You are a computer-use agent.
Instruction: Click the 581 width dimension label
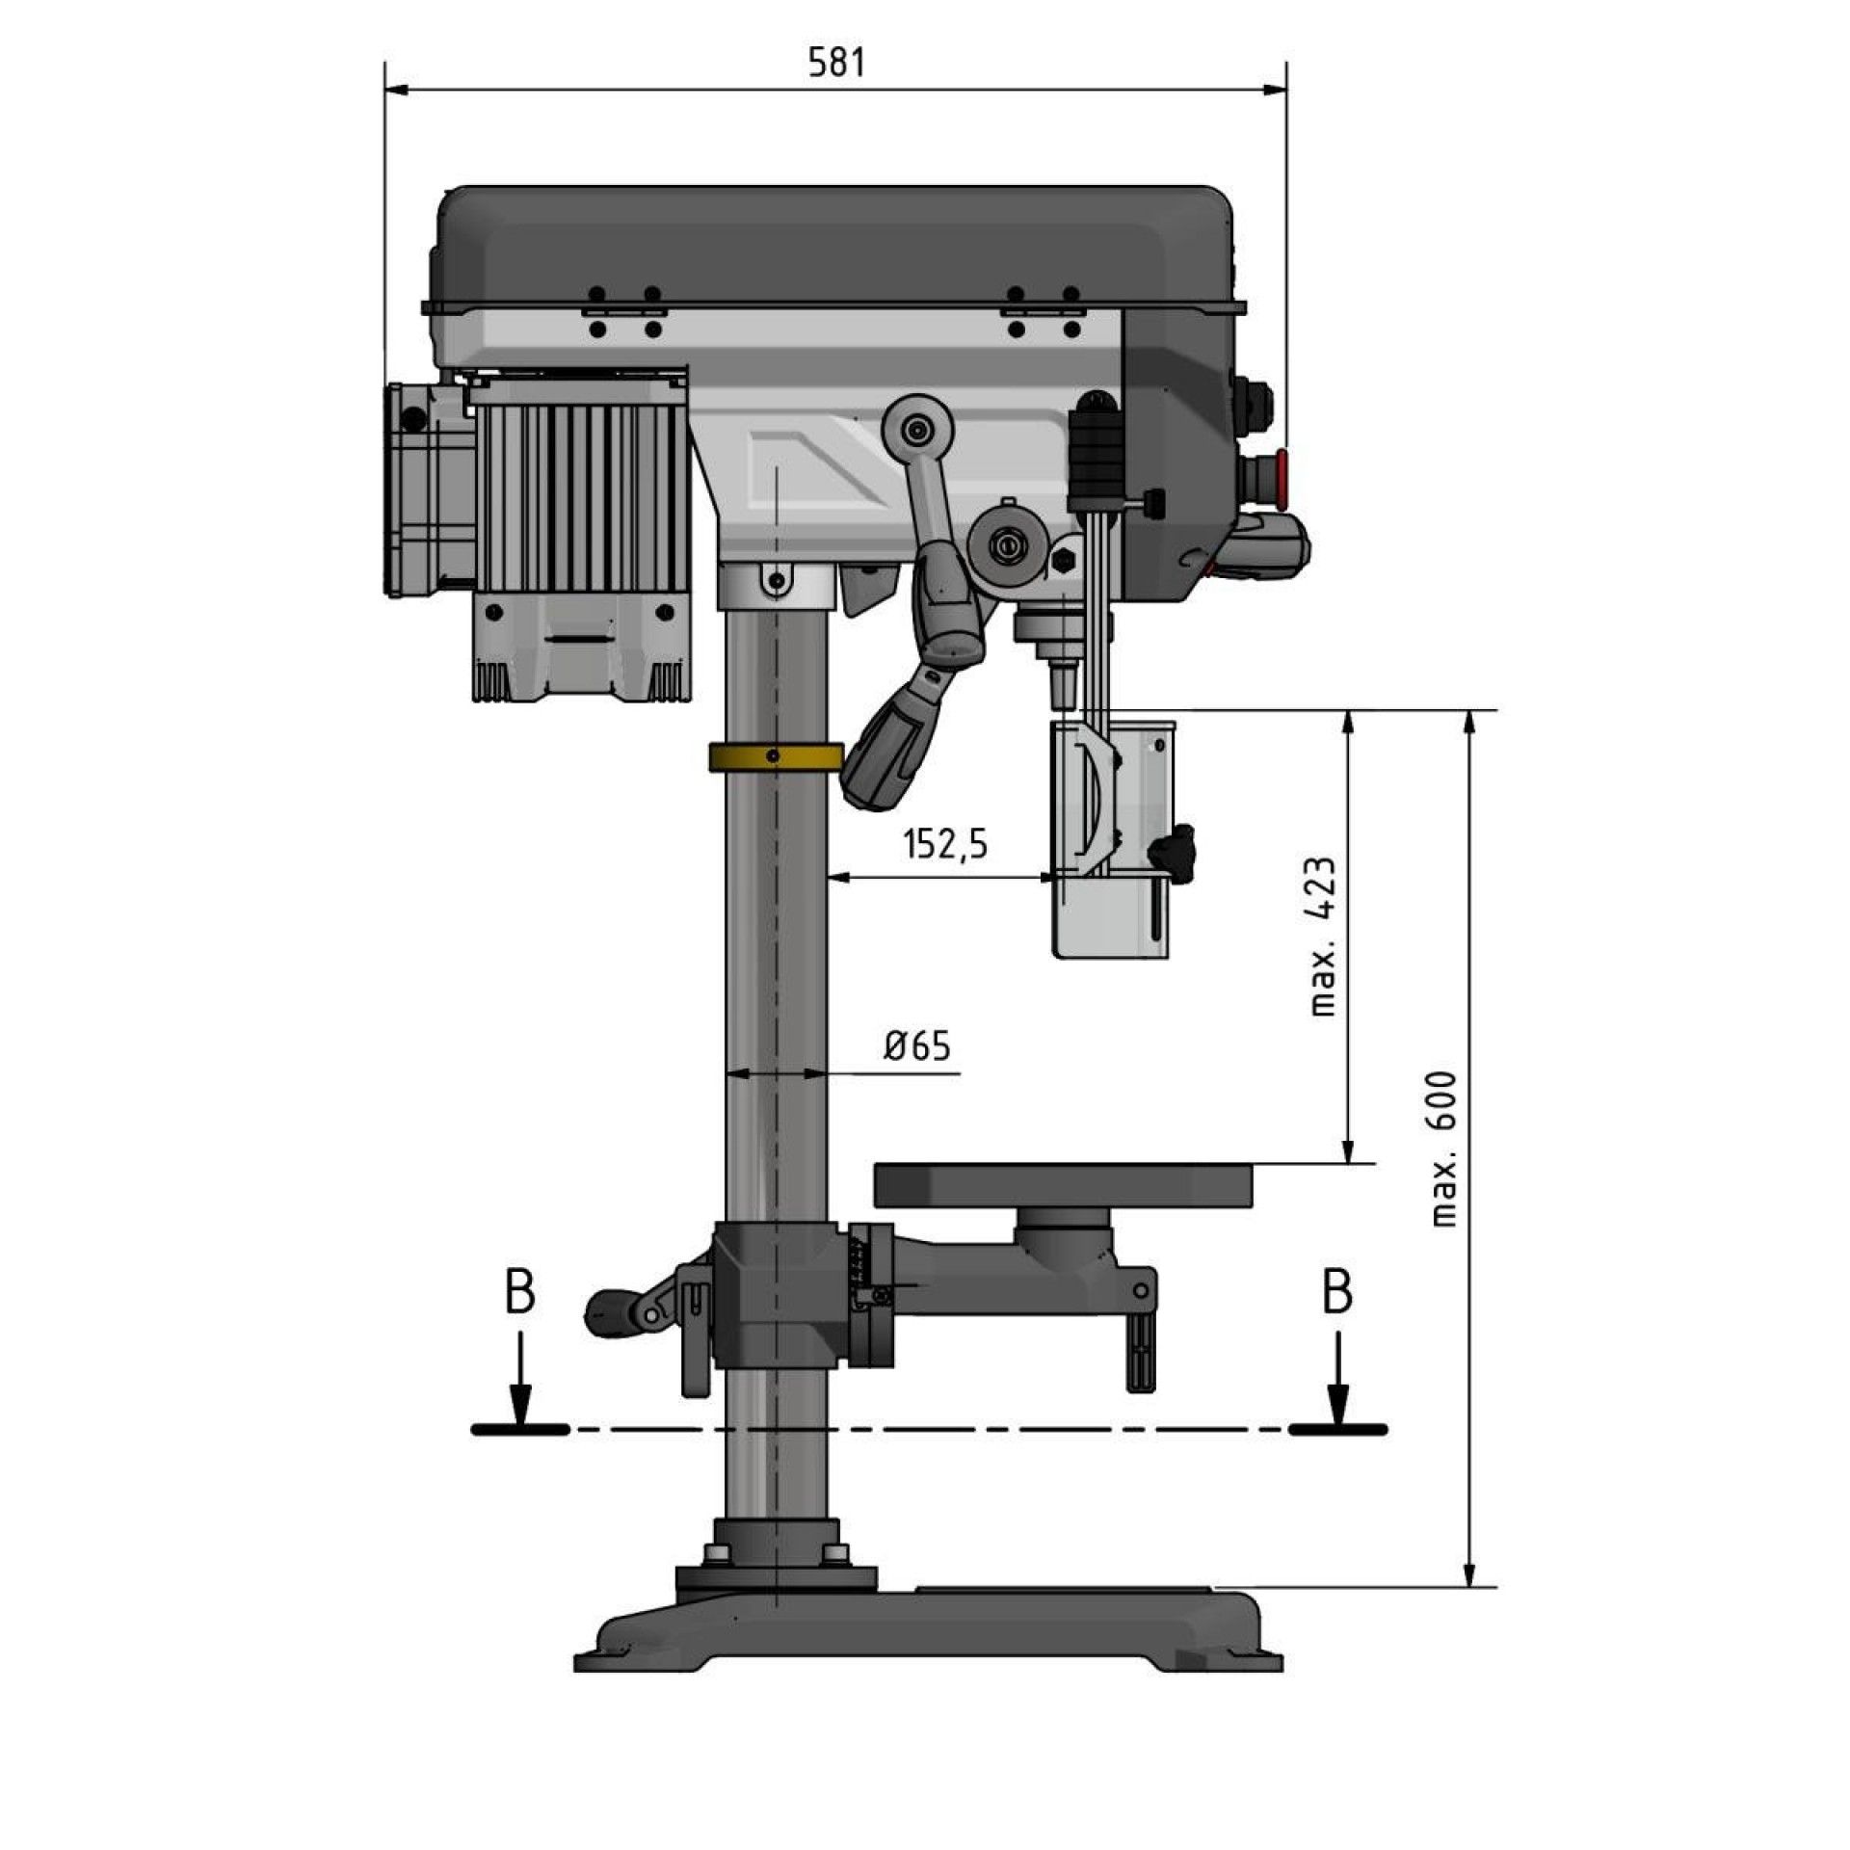pyautogui.click(x=836, y=63)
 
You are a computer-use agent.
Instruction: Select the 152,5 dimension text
pyautogui.click(x=945, y=844)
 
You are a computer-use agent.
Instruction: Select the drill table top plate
pyautogui.click(x=1064, y=1184)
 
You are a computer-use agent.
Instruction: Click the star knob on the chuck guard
pyautogui.click(x=1174, y=852)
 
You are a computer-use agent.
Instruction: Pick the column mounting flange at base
pyautogui.click(x=777, y=1579)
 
